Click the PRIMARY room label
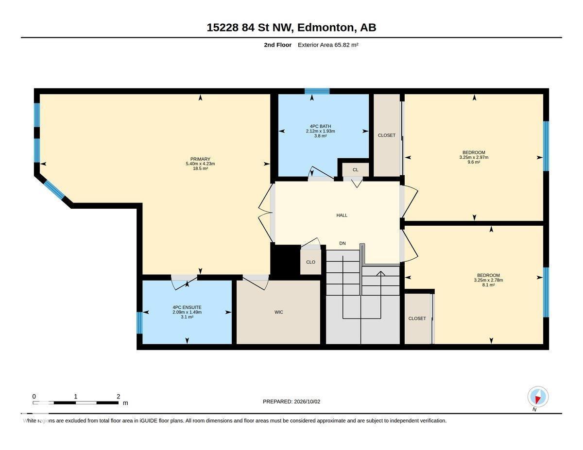coord(200,159)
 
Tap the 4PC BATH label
coord(320,126)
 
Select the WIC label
coord(279,312)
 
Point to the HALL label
coord(342,215)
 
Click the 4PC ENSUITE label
coord(187,307)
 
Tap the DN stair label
coord(343,243)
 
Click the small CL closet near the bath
coord(356,169)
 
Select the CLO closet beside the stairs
coord(310,262)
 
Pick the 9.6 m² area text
coord(474,162)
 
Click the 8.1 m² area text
coord(488,285)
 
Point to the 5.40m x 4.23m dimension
coord(201,164)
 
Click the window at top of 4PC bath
coord(317,91)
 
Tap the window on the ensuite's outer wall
coord(139,323)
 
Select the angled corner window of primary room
coord(54,190)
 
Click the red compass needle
coord(537,400)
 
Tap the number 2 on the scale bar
coord(119,397)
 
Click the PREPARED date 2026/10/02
coord(307,402)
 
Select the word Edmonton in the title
coord(326,27)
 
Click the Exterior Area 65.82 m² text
coord(328,45)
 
